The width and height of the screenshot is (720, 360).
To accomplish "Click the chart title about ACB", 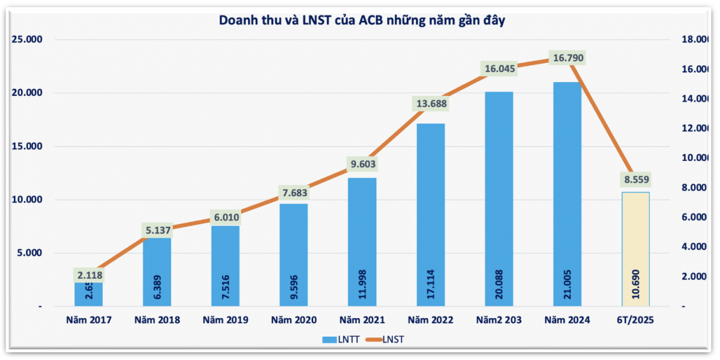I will click(x=362, y=20).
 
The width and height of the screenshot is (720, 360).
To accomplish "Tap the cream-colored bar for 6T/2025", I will click(x=635, y=249).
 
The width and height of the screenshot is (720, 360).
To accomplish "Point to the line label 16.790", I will click(x=567, y=58).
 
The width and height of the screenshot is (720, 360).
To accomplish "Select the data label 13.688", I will click(x=431, y=103).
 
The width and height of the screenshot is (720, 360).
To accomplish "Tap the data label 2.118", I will click(x=89, y=275).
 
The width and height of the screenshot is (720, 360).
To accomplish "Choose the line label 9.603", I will click(x=362, y=164).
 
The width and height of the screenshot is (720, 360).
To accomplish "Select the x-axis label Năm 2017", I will click(x=89, y=320).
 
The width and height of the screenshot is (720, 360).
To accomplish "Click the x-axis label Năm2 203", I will click(x=499, y=320).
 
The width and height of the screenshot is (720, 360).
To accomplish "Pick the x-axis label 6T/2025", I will click(x=635, y=320).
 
